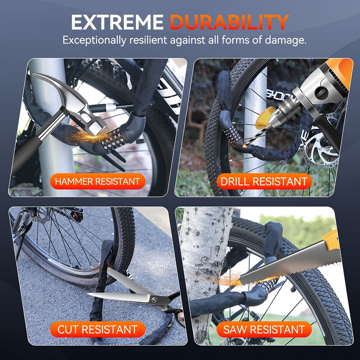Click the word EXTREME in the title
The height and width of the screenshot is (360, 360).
117,22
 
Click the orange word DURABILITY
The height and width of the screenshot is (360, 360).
229,22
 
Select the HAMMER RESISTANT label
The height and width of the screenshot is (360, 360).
98,181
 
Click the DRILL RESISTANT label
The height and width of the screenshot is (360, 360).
264,181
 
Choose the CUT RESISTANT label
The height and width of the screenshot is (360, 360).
98,329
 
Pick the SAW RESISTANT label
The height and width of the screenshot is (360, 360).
264,329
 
